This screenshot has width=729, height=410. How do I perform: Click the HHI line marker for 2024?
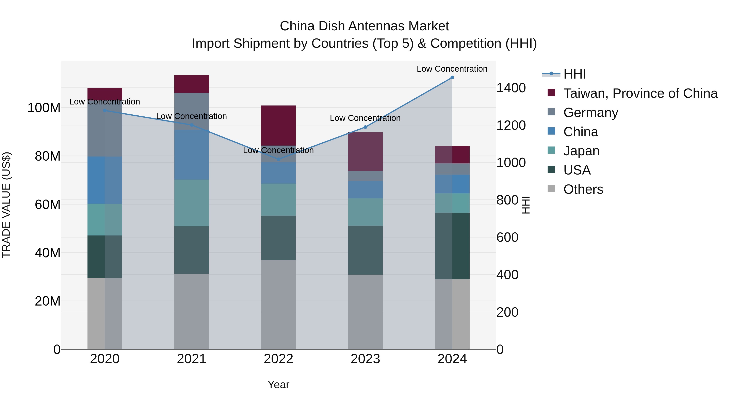452,78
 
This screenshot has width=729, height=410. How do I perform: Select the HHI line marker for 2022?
278,159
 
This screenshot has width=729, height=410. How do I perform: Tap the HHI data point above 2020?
105,110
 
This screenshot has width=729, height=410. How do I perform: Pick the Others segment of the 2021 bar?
192,311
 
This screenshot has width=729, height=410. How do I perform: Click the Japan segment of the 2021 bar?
192,203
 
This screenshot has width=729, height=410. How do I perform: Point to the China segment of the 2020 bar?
105,180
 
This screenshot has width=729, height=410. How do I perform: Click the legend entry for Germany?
591,113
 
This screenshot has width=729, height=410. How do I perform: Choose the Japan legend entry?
581,151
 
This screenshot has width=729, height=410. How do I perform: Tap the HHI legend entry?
574,74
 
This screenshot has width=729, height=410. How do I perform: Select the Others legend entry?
583,189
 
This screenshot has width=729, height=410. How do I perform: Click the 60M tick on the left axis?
48,204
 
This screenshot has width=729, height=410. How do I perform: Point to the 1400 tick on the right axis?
511,88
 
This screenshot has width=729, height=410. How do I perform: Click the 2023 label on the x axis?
365,359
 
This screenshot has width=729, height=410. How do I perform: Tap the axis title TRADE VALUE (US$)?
6,205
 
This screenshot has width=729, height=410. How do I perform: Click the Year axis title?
278,384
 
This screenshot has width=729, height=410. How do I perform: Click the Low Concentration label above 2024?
452,69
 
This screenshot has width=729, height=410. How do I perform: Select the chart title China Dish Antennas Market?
364,26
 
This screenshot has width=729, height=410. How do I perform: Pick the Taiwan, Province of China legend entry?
640,93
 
